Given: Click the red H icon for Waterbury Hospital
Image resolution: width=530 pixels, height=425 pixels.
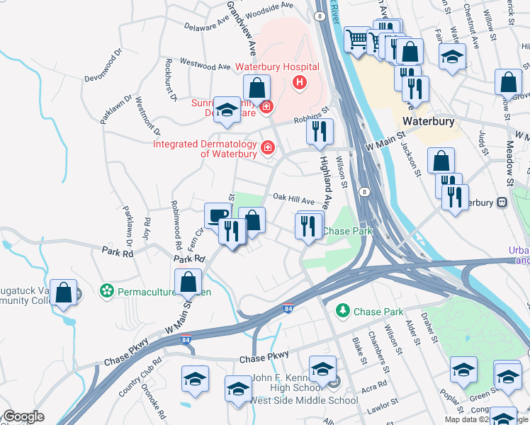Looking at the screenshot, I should point(300,83).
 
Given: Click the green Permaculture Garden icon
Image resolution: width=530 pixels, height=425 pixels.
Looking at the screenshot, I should point(107,291).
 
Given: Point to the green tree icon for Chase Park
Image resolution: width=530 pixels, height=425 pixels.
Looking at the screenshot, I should point(343,311).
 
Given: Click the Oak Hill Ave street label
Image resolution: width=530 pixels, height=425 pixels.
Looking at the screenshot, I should point(293,200).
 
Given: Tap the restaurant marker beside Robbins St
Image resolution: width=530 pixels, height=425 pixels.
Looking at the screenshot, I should point(320,130).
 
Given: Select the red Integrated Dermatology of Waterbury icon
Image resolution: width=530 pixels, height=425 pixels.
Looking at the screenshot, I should point(267,147).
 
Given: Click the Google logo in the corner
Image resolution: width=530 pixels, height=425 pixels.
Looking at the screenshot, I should point(23,416).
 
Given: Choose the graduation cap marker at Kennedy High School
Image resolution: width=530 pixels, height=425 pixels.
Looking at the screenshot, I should point(322,369).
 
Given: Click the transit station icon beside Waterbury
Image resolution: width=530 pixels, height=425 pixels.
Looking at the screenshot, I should point(502,203).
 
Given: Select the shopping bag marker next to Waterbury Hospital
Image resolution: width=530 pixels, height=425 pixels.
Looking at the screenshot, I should point(257,89).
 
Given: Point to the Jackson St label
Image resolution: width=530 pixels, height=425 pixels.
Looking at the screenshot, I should point(412,157).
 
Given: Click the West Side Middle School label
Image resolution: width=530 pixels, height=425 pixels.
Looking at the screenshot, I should point(305,401).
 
